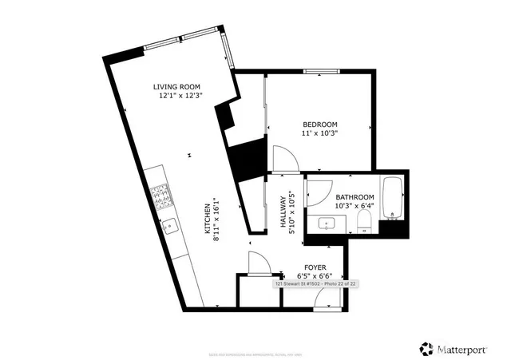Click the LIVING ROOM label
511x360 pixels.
[176, 86]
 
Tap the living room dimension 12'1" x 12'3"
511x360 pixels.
[180, 96]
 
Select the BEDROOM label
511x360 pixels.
[319, 125]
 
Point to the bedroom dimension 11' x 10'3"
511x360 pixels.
[319, 134]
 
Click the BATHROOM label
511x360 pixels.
[355, 197]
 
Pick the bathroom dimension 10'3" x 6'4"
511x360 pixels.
[355, 207]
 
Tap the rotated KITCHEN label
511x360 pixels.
[207, 220]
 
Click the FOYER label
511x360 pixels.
[313, 267]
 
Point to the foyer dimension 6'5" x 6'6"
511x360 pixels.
[313, 276]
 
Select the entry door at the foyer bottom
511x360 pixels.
[327, 298]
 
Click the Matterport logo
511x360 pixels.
[455, 348]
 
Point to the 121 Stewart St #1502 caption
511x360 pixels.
[315, 283]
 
